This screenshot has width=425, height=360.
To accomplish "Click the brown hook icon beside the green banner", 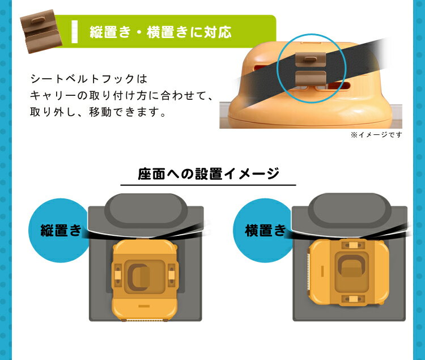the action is pyautogui.click(x=41, y=31).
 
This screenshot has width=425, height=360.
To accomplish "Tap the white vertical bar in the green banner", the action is pyautogui.click(x=75, y=31).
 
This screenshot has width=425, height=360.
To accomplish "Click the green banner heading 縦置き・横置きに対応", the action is pyautogui.click(x=160, y=32).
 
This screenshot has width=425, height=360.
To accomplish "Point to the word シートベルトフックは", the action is pyautogui.click(x=89, y=79).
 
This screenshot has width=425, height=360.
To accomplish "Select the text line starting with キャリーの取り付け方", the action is pyautogui.click(x=121, y=95).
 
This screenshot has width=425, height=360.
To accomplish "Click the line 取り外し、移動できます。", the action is pyautogui.click(x=98, y=112).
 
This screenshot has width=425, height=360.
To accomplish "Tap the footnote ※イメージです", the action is pyautogui.click(x=376, y=135).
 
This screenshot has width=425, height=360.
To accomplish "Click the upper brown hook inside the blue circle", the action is pyautogui.click(x=311, y=59).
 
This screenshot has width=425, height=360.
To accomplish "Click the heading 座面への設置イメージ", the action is pyautogui.click(x=208, y=174).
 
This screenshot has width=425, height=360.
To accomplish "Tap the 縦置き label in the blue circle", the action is pyautogui.click(x=61, y=230).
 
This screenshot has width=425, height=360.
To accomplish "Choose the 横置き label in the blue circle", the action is pyautogui.click(x=265, y=230).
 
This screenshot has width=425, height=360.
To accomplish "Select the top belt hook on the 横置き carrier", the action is pyautogui.click(x=352, y=245).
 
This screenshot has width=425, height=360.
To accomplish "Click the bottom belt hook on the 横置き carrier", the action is pyautogui.click(x=352, y=299).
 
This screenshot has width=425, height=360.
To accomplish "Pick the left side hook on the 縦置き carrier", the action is pyautogui.click(x=118, y=276).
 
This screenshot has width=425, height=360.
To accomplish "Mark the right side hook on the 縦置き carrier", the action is pyautogui.click(x=171, y=276).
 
